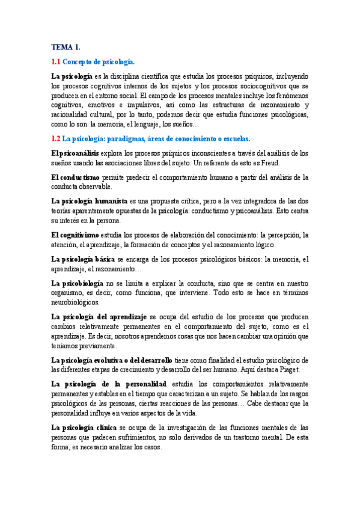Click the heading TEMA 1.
66,46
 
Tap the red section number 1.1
56,61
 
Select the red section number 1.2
56,138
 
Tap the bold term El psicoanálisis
75,154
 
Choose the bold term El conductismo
76,177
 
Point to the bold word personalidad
144,383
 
